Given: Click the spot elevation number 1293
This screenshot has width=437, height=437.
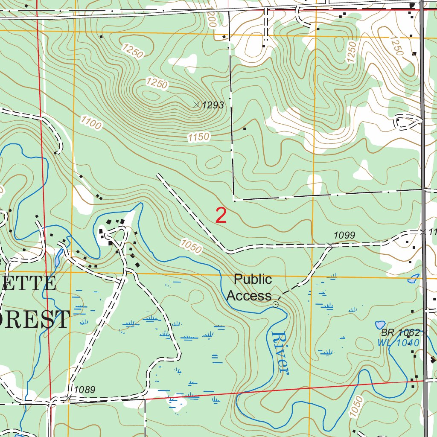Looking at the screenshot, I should coord(213,105).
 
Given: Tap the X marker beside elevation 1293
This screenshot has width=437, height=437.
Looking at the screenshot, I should coord(196,104).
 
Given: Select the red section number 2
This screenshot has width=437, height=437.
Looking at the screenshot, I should coord(221,216).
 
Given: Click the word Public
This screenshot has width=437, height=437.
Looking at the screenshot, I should coord(253,280).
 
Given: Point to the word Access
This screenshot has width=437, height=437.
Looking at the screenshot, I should coord(249,295).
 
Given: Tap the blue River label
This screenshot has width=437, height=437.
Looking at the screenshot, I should coord(280,353).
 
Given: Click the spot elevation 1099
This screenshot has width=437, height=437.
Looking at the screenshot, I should coord(344,235).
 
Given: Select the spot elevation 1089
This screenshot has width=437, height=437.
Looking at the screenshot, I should coord(84,390).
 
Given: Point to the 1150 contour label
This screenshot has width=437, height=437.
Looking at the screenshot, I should coord(198,137).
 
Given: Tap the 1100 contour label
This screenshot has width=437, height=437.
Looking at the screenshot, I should coord(90,123).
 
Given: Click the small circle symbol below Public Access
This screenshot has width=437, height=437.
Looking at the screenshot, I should coord(275,304).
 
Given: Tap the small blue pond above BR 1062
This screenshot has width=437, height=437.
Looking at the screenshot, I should coord(379,325).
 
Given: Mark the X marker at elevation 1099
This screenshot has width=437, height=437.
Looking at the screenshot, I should coord(329,245).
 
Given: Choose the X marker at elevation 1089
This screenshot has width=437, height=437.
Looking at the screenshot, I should coord(69,398).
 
